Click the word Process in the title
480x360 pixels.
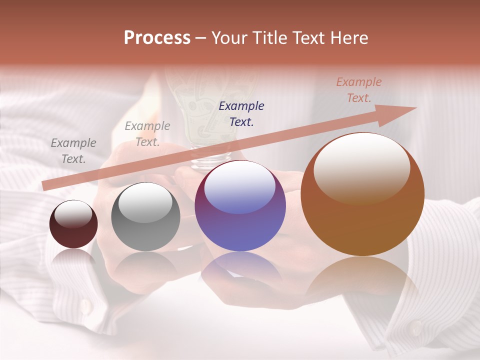point(157,38)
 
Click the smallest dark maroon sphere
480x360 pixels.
point(73,227)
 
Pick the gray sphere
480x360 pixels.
point(145,220)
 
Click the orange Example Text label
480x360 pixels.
point(358,90)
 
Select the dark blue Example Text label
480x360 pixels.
point(241,113)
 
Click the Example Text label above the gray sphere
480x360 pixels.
point(147,134)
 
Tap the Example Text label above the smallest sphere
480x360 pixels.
point(73,150)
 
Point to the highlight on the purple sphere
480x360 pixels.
point(240,186)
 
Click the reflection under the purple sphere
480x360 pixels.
point(240,270)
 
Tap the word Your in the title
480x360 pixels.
point(230,38)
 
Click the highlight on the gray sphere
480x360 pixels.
point(145,201)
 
